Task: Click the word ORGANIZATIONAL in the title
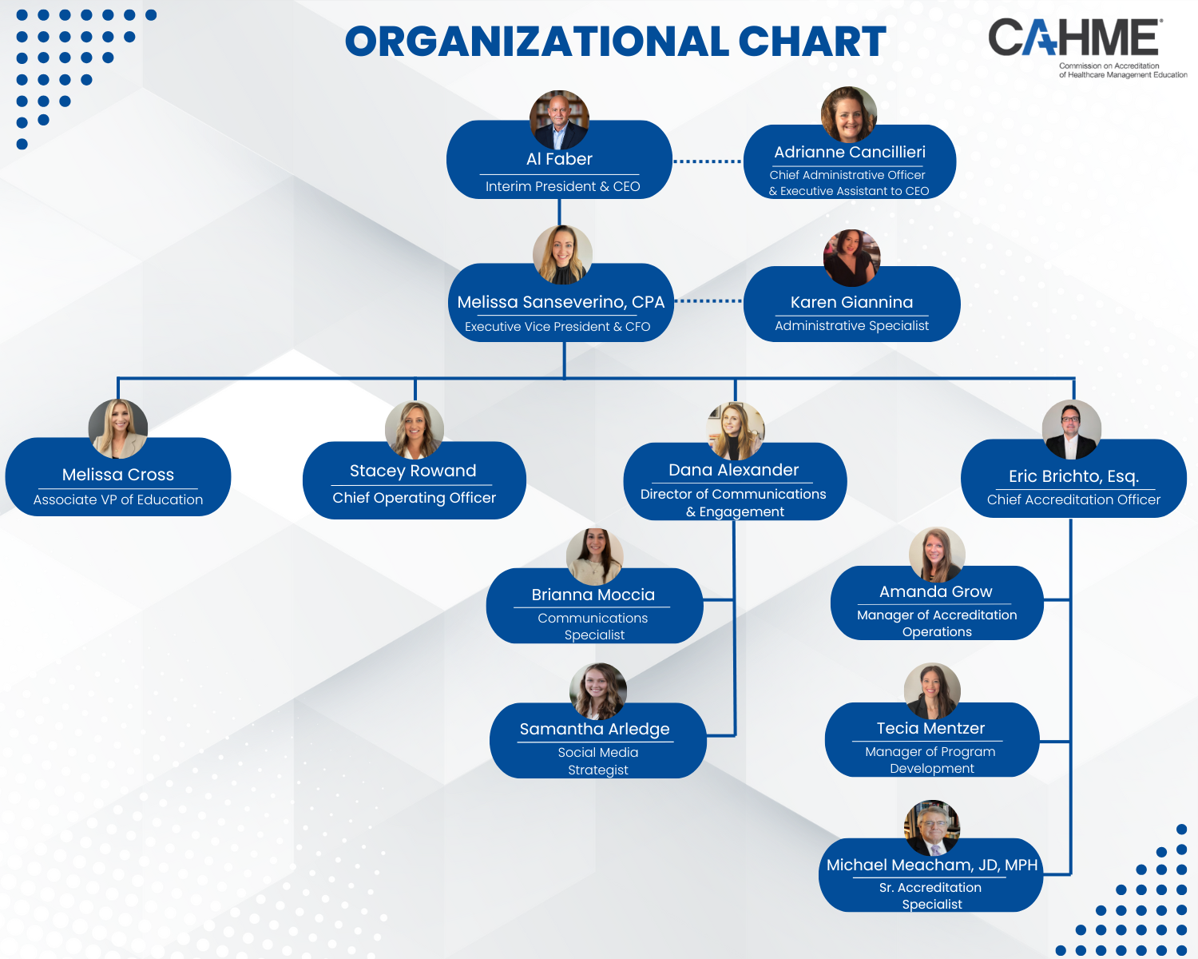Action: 537,42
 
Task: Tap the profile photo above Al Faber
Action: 559,120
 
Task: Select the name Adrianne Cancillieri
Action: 850,152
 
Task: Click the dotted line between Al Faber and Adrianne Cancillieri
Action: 708,161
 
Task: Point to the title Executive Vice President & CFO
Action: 557,327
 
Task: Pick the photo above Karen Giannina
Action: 851,257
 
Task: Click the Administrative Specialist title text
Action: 851,325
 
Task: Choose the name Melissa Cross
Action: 118,474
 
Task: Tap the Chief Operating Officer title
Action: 415,498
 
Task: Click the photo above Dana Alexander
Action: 736,431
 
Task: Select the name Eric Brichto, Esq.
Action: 1074,476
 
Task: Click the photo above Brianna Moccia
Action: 594,556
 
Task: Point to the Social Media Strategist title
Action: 598,761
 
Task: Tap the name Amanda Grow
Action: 936,591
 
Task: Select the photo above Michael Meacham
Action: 932,828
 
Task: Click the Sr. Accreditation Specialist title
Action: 930,896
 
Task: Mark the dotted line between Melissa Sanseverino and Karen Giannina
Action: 708,301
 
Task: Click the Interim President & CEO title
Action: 563,186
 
